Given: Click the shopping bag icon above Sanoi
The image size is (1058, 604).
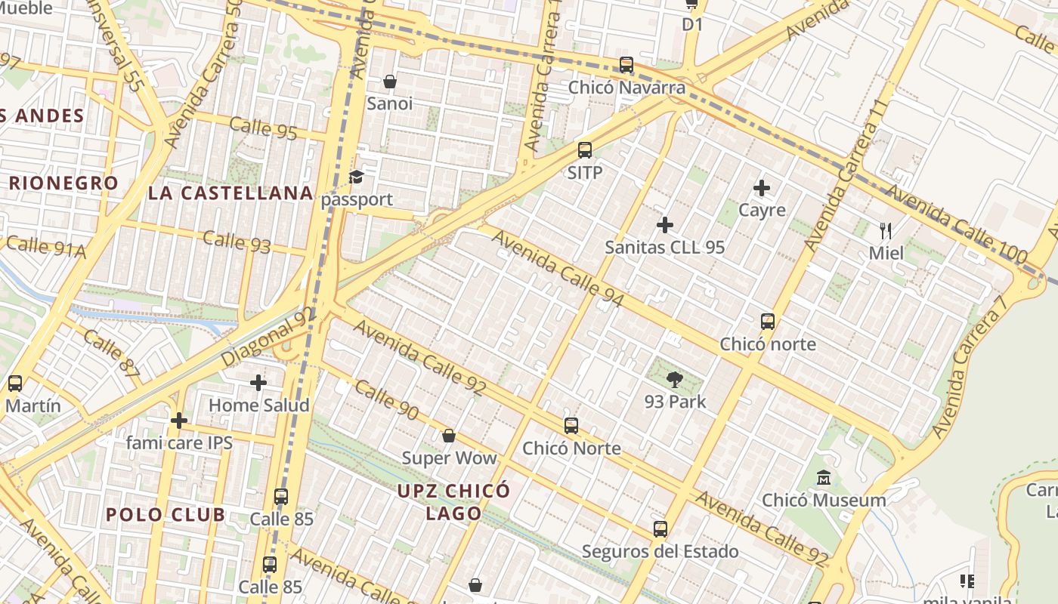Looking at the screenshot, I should tap(390, 82).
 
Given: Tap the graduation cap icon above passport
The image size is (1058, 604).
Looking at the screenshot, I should tap(356, 177).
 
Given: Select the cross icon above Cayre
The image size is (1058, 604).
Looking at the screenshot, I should tap(762, 188).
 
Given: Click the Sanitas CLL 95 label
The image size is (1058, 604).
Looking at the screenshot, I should tap(665, 247).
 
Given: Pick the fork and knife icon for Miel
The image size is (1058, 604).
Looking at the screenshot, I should tap(886, 230).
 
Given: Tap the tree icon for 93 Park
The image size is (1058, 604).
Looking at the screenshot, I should tap(675, 380).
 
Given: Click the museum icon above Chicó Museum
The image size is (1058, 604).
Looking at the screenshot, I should tap(824, 479).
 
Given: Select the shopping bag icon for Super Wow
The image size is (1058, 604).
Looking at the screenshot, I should tap(449, 436).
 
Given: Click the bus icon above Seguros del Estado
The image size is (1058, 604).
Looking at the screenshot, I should tap(660, 529).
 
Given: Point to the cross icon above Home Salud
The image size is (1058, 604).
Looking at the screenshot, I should tap(258, 383).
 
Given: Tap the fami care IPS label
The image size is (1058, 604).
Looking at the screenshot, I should tap(179, 442).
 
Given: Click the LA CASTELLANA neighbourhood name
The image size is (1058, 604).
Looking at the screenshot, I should tap(230, 193).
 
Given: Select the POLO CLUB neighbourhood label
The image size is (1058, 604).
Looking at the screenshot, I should tap(166, 515).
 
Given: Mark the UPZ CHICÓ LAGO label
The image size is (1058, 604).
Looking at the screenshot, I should tap(453, 502).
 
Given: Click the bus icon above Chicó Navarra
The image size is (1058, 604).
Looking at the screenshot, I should tap(626, 65).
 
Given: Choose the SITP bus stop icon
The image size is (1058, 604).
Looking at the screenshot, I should tap(585, 150).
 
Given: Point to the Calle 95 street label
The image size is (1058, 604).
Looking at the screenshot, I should tap(263, 128).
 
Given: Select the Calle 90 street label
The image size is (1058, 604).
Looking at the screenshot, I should tap(386, 400).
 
